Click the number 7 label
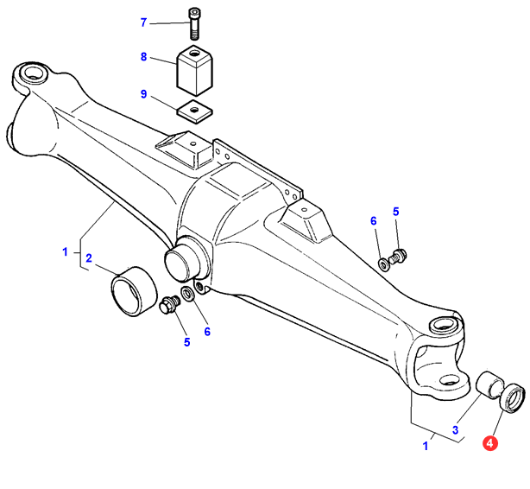tap(145, 22)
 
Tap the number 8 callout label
tap(145, 58)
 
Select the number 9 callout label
tap(145, 94)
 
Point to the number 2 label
tap(89, 257)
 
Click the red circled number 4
tap(490, 443)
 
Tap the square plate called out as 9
tap(195, 110)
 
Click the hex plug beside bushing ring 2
tap(169, 305)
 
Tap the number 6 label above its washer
tap(375, 221)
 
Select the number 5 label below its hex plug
tap(186, 342)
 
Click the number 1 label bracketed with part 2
tap(65, 251)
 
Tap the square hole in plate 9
tap(195, 109)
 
